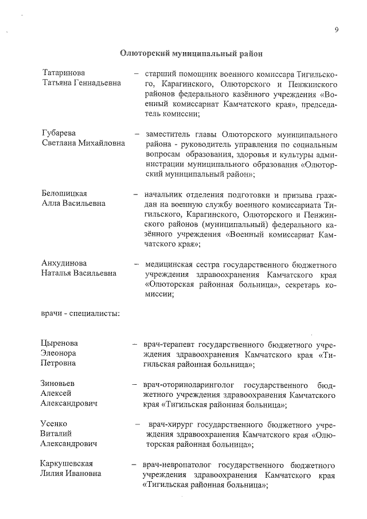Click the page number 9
[337, 30]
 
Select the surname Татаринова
[64, 73]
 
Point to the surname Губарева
[60, 133]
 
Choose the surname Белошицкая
[64, 193]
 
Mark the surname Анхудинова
[64, 263]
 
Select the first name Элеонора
[58, 353]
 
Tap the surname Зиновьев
[58, 383]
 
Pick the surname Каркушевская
[67, 463]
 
